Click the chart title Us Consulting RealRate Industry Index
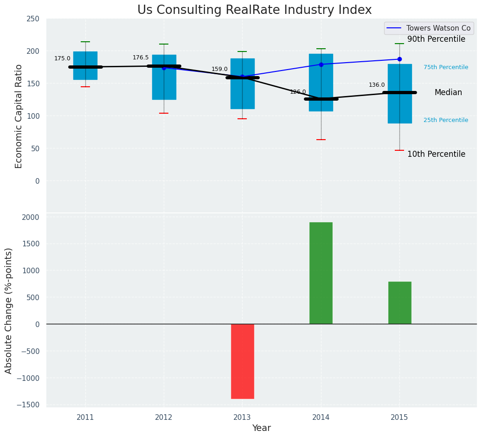pyautogui.click(x=254, y=10)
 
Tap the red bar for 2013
pyautogui.click(x=242, y=361)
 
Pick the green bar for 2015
pyautogui.click(x=399, y=302)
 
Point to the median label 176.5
pyautogui.click(x=141, y=58)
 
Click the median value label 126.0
pyautogui.click(x=298, y=92)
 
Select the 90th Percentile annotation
pyautogui.click(x=436, y=39)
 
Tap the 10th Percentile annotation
pyautogui.click(x=436, y=154)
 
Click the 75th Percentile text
pyautogui.click(x=446, y=67)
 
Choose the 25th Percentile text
pyautogui.click(x=446, y=120)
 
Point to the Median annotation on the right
pyautogui.click(x=448, y=92)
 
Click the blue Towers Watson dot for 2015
pyautogui.click(x=399, y=59)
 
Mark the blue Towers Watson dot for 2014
pyautogui.click(x=321, y=64)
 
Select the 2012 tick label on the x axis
pyautogui.click(x=164, y=418)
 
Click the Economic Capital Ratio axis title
pyautogui.click(x=19, y=116)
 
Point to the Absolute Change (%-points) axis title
pyautogui.click(x=9, y=310)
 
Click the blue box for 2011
pyautogui.click(x=85, y=65)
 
